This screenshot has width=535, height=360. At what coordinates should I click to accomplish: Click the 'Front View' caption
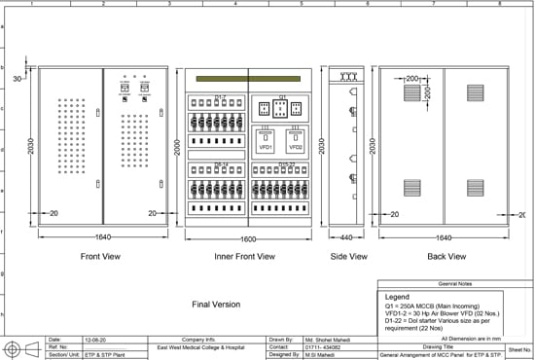point(101,256)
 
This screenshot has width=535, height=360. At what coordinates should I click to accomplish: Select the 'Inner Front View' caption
point(244,257)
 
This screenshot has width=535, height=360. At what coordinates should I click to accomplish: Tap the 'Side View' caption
point(348,256)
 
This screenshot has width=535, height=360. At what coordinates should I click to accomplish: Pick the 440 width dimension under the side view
point(347,236)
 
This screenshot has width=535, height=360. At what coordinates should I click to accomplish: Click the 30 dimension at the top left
point(18,78)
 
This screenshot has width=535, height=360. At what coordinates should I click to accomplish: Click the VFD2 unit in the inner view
point(295,147)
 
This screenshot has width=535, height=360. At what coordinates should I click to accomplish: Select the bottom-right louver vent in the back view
point(476,186)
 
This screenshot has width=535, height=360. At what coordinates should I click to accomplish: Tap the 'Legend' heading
point(398,296)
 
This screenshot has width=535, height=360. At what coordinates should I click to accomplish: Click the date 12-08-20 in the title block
point(95,340)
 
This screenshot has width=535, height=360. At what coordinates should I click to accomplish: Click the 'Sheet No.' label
point(520,345)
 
